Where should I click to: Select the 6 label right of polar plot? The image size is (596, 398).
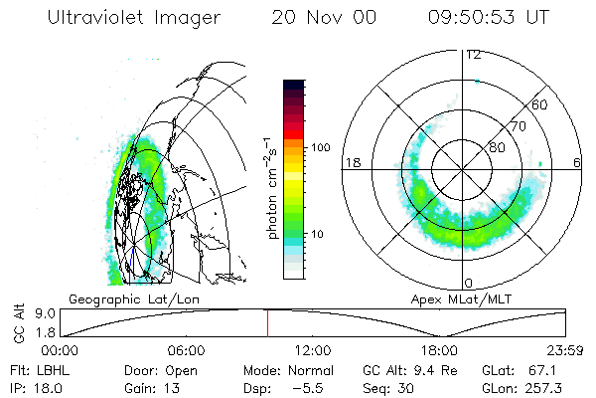(x=577, y=162)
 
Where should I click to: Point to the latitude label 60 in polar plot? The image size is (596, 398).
(x=539, y=103)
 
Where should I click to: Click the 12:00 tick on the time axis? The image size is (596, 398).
(x=314, y=351)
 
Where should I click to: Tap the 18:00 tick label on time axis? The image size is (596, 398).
(x=439, y=351)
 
